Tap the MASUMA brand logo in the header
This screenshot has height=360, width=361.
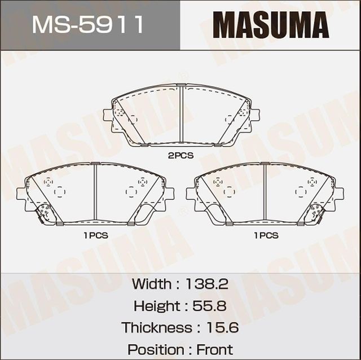click(x=271, y=25)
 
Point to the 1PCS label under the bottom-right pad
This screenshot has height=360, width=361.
click(x=265, y=235)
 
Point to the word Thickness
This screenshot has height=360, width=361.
click(x=157, y=328)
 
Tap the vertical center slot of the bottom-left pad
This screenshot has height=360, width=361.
click(x=95, y=192)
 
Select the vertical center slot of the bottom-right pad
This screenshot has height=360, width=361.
click(x=265, y=192)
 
